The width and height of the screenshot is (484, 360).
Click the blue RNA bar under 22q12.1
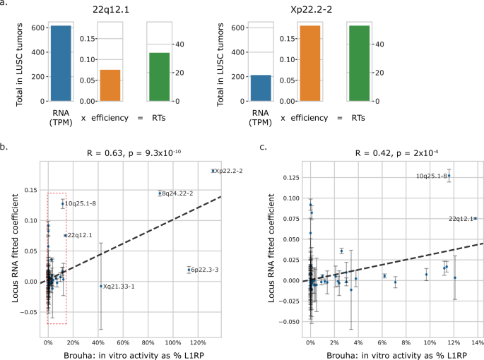pyautogui.click(x=61, y=64)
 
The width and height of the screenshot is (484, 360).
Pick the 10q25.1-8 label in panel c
pyautogui.click(x=430, y=176)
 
